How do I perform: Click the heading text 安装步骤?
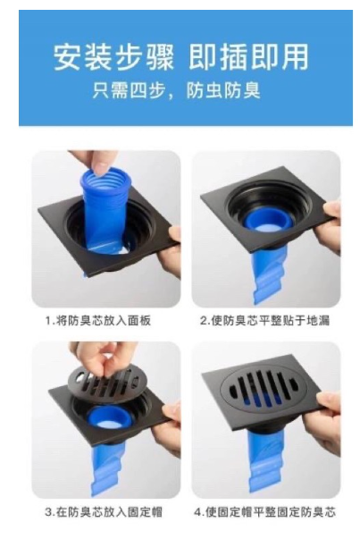[x=114, y=57]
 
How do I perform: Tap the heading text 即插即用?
[x=249, y=57]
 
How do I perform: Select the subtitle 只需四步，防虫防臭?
[x=177, y=91]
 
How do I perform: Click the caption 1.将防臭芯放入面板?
[x=98, y=321]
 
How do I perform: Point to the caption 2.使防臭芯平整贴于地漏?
[x=264, y=321]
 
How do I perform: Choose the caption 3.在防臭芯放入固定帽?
[x=104, y=512]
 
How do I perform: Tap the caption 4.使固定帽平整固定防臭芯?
[x=264, y=512]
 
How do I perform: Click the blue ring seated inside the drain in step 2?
[x=265, y=221]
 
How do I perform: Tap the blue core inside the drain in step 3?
[x=106, y=417]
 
